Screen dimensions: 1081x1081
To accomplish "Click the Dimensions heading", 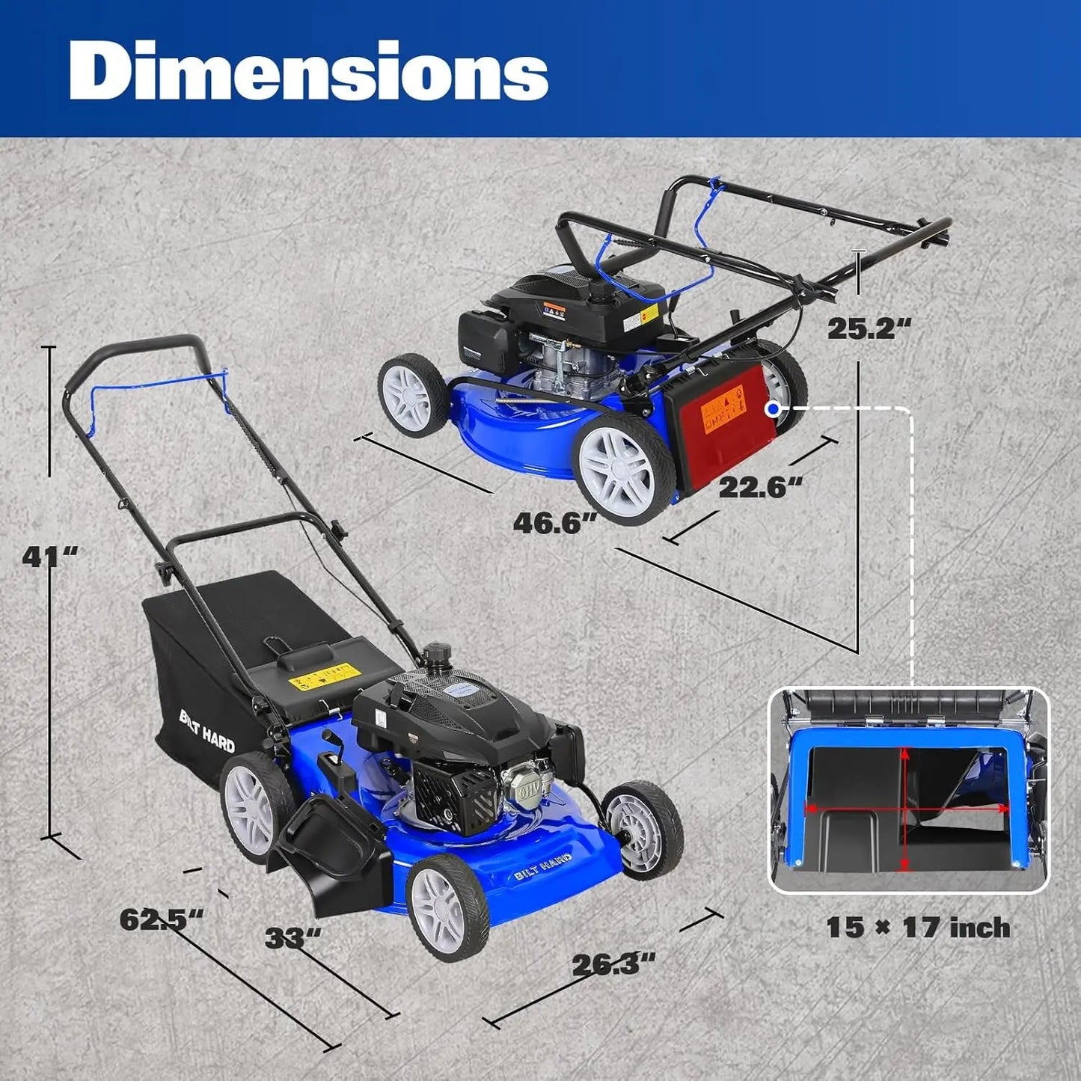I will (309, 71).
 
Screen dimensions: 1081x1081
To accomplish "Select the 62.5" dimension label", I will (162, 919).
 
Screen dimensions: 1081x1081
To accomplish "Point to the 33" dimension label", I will (293, 937).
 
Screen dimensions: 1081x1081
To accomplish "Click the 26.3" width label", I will (613, 964).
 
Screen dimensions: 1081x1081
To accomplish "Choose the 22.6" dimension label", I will (760, 488).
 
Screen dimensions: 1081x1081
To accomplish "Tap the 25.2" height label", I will (870, 328).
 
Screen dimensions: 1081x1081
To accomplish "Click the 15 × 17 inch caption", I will (918, 928).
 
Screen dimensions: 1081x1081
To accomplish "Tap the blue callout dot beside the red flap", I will (773, 408).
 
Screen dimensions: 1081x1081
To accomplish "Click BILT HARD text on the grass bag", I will (207, 730).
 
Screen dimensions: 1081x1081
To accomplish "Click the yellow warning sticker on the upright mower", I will (322, 676).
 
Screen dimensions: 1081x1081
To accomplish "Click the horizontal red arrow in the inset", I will (905, 808).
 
